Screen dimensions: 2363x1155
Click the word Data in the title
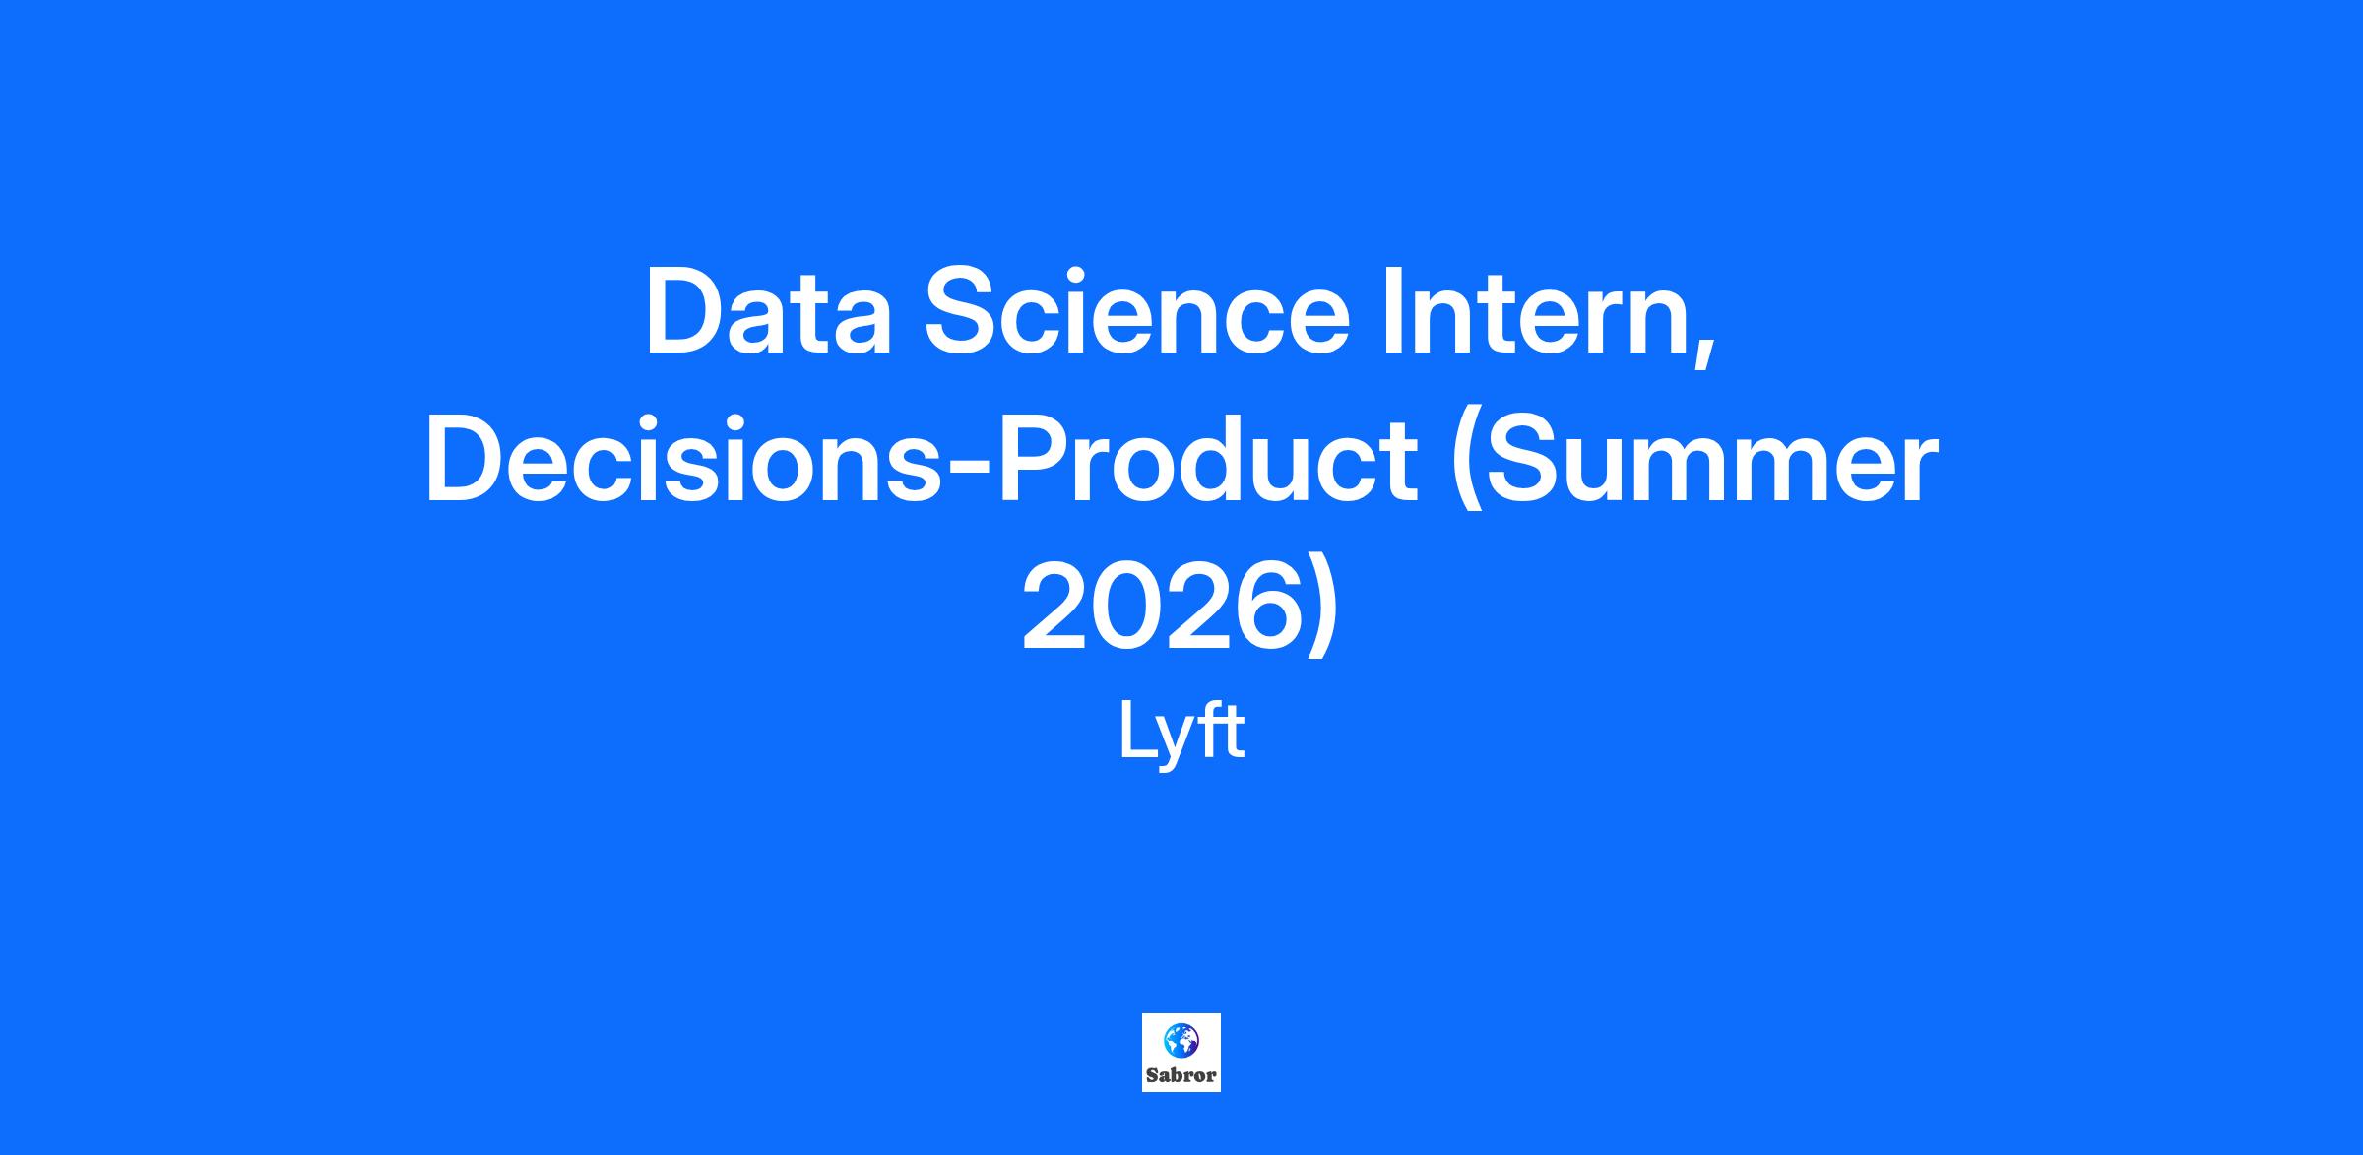pos(767,312)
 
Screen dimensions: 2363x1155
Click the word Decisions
pos(685,459)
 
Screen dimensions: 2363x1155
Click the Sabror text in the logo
pos(1181,1075)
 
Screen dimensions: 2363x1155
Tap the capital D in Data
pos(688,312)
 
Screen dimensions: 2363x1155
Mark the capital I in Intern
pos(1393,312)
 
